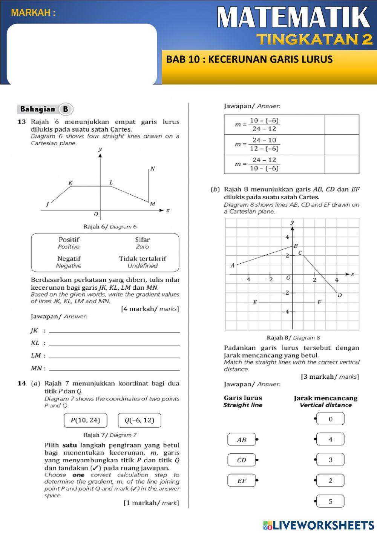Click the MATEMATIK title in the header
[x=293, y=17]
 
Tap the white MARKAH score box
[x=82, y=54]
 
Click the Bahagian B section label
[x=45, y=109]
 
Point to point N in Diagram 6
[x=152, y=169]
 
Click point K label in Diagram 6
[x=70, y=183]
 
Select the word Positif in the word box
[x=69, y=240]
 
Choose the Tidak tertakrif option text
[x=143, y=259]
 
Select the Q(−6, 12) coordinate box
[x=139, y=420]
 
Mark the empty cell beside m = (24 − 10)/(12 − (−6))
[x=342, y=144]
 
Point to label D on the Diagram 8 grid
[x=340, y=295]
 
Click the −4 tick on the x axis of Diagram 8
[x=247, y=280]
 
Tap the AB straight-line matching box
[x=242, y=440]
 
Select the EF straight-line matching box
[x=242, y=481]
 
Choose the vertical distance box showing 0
[x=330, y=419]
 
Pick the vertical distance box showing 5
[x=330, y=502]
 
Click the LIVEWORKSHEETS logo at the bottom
[x=319, y=525]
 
